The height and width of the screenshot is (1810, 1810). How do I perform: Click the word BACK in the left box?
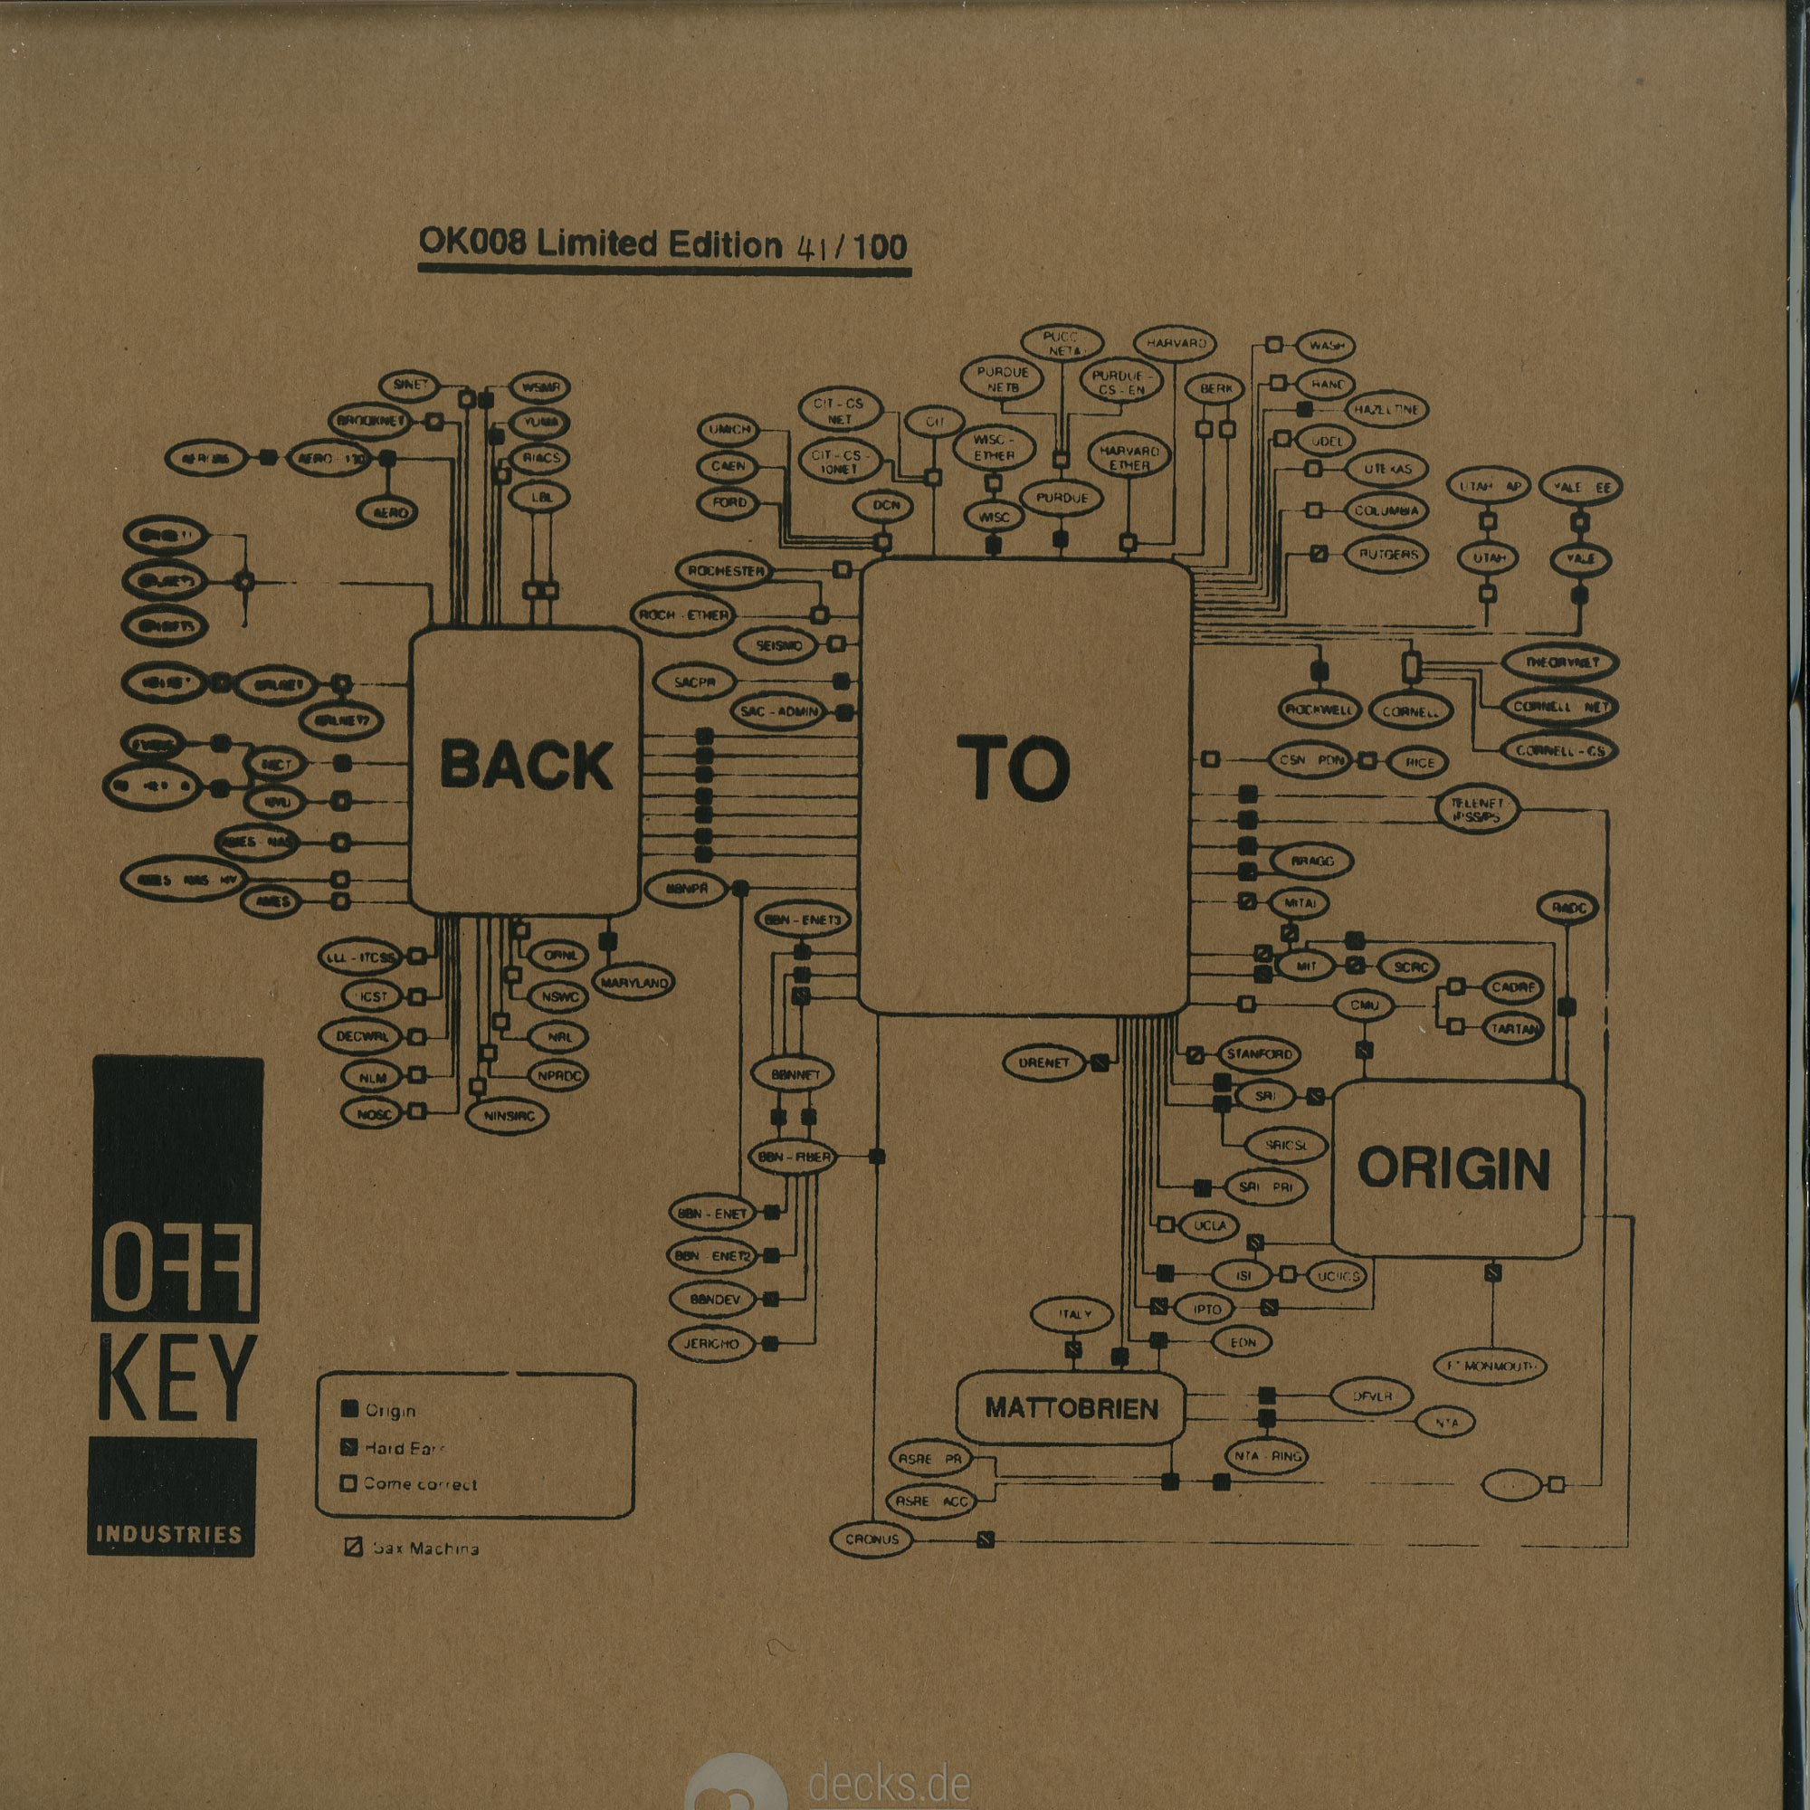[526, 766]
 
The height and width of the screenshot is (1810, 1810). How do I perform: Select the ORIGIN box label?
[1453, 1170]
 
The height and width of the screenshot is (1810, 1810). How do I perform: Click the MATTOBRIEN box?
[1071, 1408]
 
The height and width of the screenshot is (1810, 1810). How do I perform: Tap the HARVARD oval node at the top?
[1176, 344]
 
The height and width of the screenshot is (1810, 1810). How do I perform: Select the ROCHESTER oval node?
[726, 570]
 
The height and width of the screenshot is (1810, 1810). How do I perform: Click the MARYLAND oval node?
[634, 983]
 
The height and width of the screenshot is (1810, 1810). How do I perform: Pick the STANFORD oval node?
[1259, 1054]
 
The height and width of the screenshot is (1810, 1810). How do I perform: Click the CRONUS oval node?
[872, 1539]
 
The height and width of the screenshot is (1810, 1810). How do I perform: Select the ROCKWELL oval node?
[1319, 710]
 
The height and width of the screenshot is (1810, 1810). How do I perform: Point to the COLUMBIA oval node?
[1386, 511]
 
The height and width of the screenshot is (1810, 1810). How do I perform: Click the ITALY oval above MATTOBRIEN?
[1073, 1315]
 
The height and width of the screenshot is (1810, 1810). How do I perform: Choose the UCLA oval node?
[1209, 1225]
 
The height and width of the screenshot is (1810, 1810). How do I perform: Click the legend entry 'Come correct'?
[420, 1484]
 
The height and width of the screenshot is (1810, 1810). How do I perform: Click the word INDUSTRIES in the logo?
[169, 1535]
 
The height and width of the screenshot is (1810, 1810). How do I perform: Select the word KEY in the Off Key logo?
[176, 1378]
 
